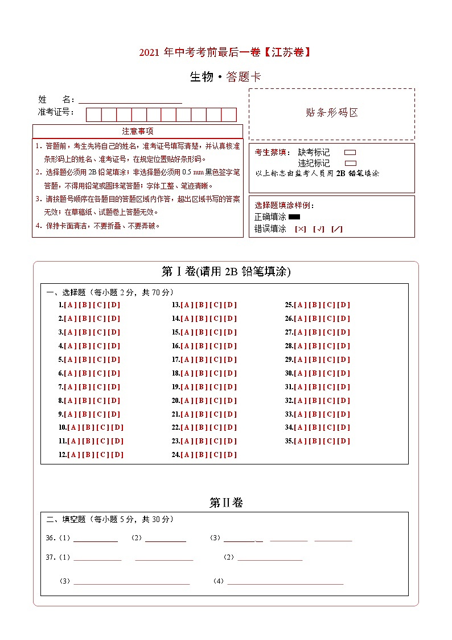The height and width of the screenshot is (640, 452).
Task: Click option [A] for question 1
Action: pyautogui.click(x=71, y=305)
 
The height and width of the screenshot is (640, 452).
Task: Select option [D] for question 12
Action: pyautogui.click(x=117, y=455)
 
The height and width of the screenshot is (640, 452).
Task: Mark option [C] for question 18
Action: pyautogui.click(x=216, y=373)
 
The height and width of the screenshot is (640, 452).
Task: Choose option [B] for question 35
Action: pyautogui.click(x=315, y=441)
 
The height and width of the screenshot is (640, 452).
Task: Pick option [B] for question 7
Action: pyautogui.click(x=85, y=387)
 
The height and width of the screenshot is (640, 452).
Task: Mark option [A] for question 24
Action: pyautogui.click(x=187, y=455)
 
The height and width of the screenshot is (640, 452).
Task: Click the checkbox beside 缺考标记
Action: pyautogui.click(x=350, y=153)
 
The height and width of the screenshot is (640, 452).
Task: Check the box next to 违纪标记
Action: pyautogui.click(x=350, y=163)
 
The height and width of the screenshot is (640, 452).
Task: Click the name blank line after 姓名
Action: pyautogui.click(x=130, y=100)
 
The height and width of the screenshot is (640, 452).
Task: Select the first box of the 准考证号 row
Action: pyautogui.click(x=93, y=115)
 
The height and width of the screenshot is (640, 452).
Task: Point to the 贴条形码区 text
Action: pyautogui.click(x=332, y=113)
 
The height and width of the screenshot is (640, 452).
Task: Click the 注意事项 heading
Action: pyautogui.click(x=137, y=132)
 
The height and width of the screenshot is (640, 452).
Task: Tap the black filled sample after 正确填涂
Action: pyautogui.click(x=294, y=217)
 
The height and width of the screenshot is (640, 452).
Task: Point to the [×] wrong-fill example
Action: pyautogui.click(x=301, y=229)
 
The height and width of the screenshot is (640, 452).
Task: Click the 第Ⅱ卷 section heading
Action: pyautogui.click(x=226, y=503)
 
